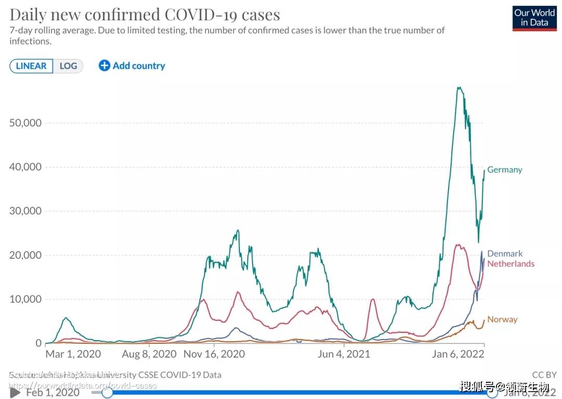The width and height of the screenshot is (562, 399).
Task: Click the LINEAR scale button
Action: point(31,66)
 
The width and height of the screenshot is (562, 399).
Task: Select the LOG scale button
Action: point(68,66)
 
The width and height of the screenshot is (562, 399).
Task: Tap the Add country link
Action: point(132,66)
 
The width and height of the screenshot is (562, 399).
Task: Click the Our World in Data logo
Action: point(534,18)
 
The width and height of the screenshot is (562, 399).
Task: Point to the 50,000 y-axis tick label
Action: point(25,123)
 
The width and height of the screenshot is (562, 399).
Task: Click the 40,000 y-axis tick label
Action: point(25,167)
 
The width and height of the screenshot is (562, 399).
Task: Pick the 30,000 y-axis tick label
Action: point(25,211)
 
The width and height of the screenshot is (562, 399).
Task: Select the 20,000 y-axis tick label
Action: point(25,255)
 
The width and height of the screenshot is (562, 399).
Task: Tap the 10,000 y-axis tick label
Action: point(25,299)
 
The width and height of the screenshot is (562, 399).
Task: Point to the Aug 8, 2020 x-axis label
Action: point(149,354)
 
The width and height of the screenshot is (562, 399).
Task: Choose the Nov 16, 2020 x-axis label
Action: point(214,354)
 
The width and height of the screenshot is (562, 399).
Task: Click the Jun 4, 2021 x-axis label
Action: point(343,354)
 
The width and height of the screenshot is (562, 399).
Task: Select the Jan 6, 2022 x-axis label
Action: point(458,354)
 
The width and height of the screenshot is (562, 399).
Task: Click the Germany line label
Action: point(504,170)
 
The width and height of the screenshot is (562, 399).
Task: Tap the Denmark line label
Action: point(505,254)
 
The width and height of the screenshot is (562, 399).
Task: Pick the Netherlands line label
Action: point(510,264)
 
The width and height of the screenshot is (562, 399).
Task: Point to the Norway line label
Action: point(502,319)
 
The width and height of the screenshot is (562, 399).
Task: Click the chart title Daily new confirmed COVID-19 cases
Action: point(145,14)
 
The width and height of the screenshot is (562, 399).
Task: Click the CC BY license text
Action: point(544,375)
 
